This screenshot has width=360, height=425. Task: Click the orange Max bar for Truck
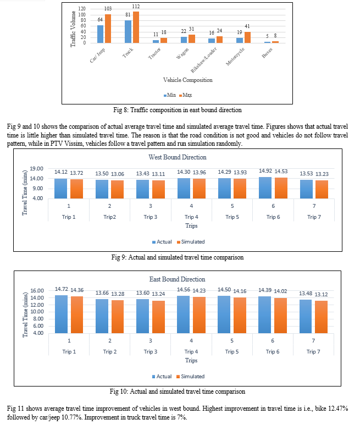click(136, 27)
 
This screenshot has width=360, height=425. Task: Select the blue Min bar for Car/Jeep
click(100, 34)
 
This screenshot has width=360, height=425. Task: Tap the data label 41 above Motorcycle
click(247, 26)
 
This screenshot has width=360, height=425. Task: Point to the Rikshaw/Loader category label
click(204, 60)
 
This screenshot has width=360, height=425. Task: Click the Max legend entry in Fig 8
click(186, 95)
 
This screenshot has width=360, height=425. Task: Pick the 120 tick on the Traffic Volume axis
click(82, 9)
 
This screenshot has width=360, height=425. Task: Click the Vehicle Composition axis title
click(188, 80)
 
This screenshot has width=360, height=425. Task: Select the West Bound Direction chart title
click(178, 157)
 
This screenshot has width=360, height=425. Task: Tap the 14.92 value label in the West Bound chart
click(265, 171)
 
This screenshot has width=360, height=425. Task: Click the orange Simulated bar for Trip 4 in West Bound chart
click(199, 189)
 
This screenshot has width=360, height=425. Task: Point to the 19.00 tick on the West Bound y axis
click(36, 169)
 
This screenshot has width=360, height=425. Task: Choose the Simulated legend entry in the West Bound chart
click(191, 242)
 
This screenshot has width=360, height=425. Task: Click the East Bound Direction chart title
click(177, 279)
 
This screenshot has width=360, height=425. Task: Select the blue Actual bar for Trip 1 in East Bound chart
click(61, 314)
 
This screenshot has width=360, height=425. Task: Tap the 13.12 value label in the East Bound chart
click(321, 294)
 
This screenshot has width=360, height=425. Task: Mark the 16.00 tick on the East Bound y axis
click(37, 290)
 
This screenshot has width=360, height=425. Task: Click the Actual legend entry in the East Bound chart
click(162, 377)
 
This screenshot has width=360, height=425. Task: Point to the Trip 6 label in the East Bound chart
click(273, 351)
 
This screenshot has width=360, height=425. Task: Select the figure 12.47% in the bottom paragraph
click(339, 409)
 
